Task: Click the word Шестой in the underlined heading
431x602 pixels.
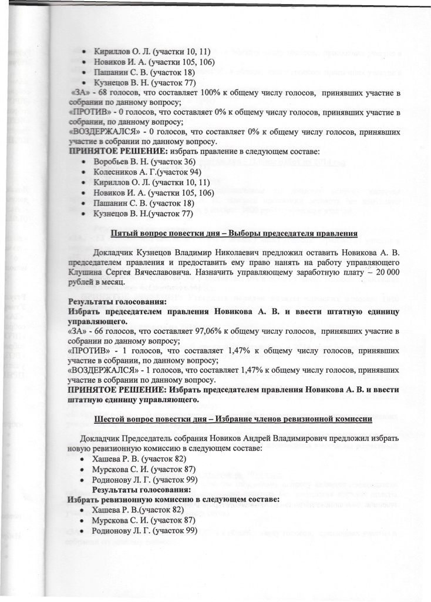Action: [x=112, y=419]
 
